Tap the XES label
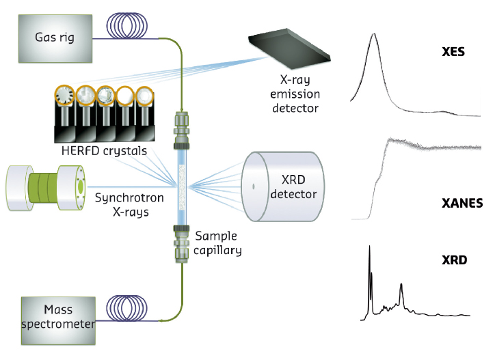[453, 51]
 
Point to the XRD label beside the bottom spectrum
[453, 261]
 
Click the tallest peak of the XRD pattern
[369, 247]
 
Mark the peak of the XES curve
[373, 36]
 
